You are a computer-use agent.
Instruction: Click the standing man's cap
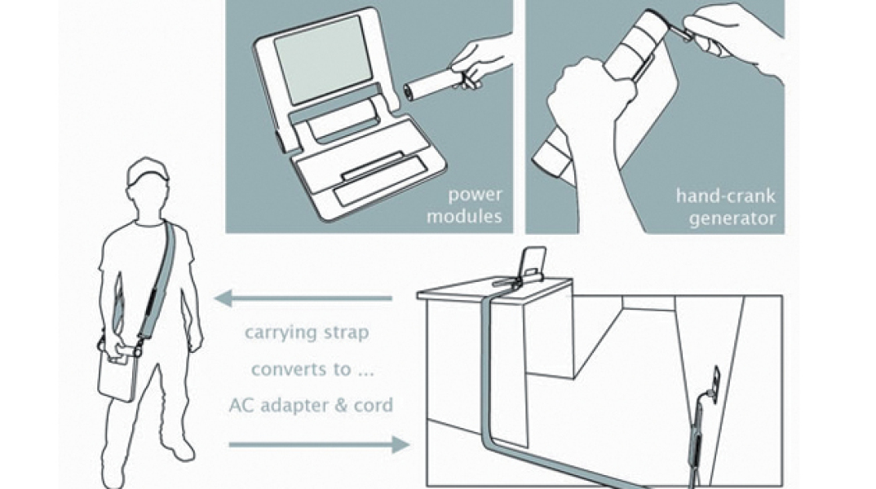pyautogui.click(x=147, y=169)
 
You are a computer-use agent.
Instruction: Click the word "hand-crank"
pyautogui.click(x=726, y=196)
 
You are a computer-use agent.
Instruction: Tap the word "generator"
pyautogui.click(x=732, y=218)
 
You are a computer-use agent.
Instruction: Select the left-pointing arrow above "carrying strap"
pyautogui.click(x=303, y=299)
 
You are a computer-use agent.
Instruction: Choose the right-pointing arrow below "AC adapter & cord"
pyautogui.click(x=318, y=444)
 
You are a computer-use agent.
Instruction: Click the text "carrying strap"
pyautogui.click(x=306, y=333)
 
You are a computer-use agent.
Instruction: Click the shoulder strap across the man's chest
pyautogui.click(x=160, y=277)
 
